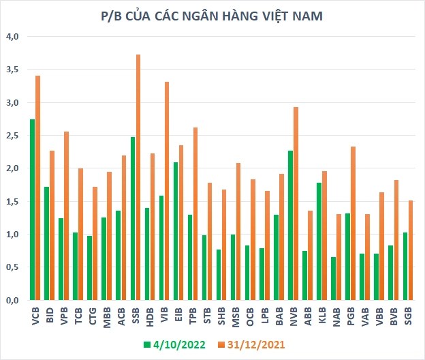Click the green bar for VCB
pyautogui.click(x=32, y=209)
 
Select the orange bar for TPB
pyautogui.click(x=195, y=213)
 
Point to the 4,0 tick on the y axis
pyautogui.click(x=12, y=35)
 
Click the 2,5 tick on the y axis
pyautogui.click(x=12, y=135)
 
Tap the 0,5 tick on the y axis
pyautogui.click(x=12, y=267)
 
